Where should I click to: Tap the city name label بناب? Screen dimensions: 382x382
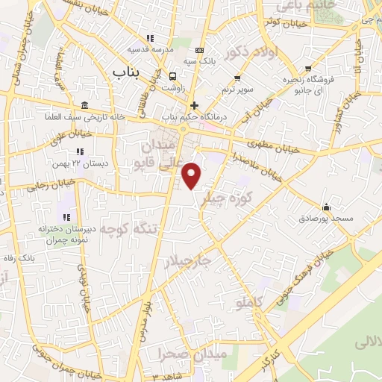[x=126, y=72]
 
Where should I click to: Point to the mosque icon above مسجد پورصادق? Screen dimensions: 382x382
[x=325, y=207]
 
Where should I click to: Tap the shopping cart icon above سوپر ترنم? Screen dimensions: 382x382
[x=237, y=78]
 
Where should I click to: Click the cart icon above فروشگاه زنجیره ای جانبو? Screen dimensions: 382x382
[x=308, y=69]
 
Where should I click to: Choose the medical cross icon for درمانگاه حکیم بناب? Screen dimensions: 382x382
[x=195, y=106]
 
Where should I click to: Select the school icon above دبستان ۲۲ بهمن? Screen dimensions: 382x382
[x=80, y=151]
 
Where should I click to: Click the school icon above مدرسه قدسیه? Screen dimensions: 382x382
[x=151, y=38]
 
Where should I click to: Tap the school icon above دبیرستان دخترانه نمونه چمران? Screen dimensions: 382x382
[x=67, y=217]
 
